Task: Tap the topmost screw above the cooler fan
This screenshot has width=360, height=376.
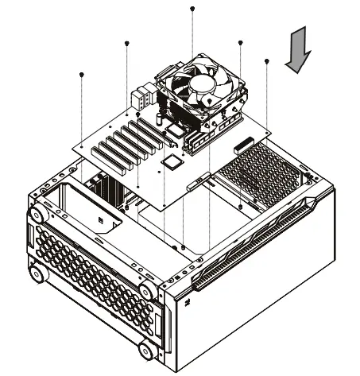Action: pos(192,8)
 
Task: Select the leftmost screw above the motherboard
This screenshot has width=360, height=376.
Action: pos(82,74)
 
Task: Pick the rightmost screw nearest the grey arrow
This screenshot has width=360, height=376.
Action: pos(266,60)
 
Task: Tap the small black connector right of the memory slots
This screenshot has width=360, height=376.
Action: pos(242,149)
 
